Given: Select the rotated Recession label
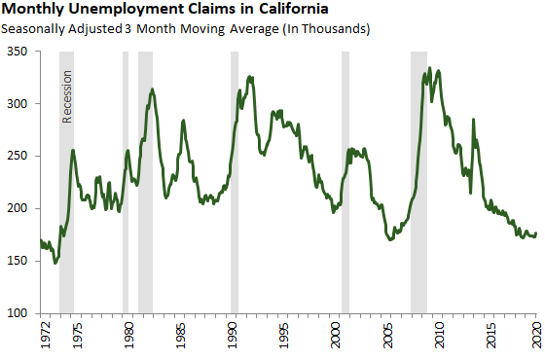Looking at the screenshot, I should point(67,96).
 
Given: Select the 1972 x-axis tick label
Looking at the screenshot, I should point(41,337).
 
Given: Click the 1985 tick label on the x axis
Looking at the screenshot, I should point(180,337).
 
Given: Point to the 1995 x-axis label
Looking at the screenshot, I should point(283,337).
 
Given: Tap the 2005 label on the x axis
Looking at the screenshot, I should point(387,337).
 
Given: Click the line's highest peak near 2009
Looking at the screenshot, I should point(429,68).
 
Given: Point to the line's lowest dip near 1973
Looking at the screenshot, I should point(55,263).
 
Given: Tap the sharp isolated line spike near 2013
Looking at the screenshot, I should point(473,120).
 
